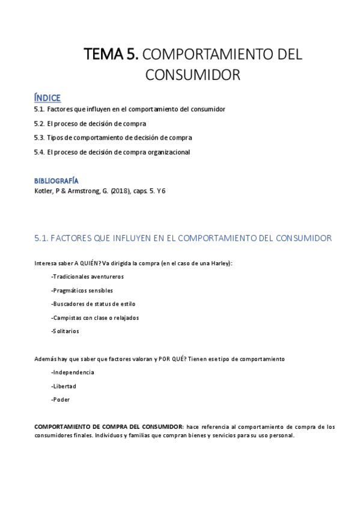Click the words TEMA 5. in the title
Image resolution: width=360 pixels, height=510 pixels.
(x=111, y=55)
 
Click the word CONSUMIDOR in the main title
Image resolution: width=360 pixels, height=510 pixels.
(x=193, y=75)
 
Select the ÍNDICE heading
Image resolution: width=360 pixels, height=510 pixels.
(x=47, y=98)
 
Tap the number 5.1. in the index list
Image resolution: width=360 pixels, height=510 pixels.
(x=40, y=109)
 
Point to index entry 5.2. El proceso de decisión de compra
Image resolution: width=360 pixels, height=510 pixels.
(x=90, y=124)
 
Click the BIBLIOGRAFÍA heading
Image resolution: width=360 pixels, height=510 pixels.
(x=56, y=180)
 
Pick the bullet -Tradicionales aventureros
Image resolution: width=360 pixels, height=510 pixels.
(x=88, y=277)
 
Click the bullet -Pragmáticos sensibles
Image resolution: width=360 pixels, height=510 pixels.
(x=82, y=290)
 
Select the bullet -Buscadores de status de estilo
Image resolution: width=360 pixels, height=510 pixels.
(x=93, y=304)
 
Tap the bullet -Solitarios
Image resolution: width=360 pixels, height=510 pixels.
(x=65, y=331)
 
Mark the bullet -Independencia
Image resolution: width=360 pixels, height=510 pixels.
(x=73, y=372)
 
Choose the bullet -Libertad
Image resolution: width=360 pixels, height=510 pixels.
(x=64, y=386)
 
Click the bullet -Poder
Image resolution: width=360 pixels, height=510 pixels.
(x=61, y=399)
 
